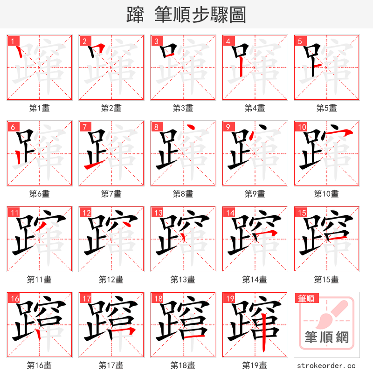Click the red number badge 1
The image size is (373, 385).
click(x=12, y=41)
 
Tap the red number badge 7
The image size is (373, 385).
click(x=83, y=127)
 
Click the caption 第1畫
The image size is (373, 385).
click(x=40, y=108)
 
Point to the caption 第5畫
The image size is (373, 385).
click(x=326, y=108)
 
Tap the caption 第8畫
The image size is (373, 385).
click(x=183, y=194)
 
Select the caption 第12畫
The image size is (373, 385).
click(x=111, y=280)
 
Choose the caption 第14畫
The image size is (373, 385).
click(x=255, y=280)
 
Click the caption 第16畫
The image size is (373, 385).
click(x=40, y=365)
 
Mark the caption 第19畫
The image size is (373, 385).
click(x=255, y=365)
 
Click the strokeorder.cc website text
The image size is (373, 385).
click(x=326, y=366)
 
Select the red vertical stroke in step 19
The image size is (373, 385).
click(x=264, y=332)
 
